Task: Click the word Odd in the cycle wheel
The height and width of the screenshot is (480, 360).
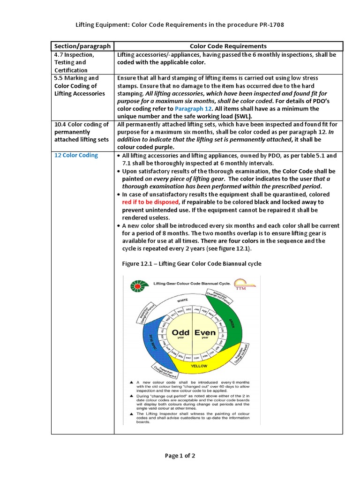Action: click(x=180, y=332)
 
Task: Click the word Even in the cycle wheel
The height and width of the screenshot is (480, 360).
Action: click(x=205, y=332)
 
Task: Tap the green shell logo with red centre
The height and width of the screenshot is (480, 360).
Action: click(x=136, y=285)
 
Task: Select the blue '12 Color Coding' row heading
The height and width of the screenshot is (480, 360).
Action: click(x=76, y=155)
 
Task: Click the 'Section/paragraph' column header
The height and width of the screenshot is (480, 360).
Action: click(x=82, y=46)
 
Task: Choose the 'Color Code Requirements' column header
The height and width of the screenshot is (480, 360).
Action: click(x=228, y=46)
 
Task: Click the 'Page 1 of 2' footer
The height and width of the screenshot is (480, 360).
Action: click(x=180, y=455)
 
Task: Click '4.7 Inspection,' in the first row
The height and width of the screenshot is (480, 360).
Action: click(x=74, y=55)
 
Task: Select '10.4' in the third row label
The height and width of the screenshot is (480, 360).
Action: click(x=61, y=124)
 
